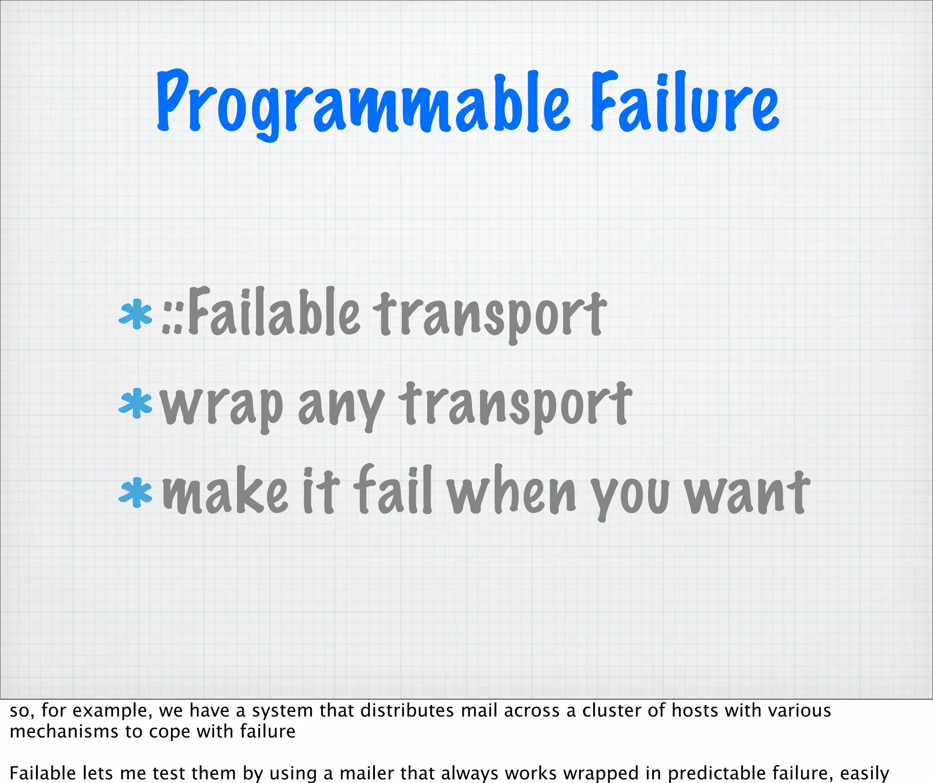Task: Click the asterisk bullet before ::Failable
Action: click(x=135, y=314)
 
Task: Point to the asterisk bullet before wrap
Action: click(x=135, y=403)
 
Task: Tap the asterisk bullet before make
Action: click(x=135, y=493)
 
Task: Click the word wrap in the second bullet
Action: click(x=222, y=405)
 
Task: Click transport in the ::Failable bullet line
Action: click(x=490, y=314)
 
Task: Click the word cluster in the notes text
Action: click(x=610, y=710)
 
